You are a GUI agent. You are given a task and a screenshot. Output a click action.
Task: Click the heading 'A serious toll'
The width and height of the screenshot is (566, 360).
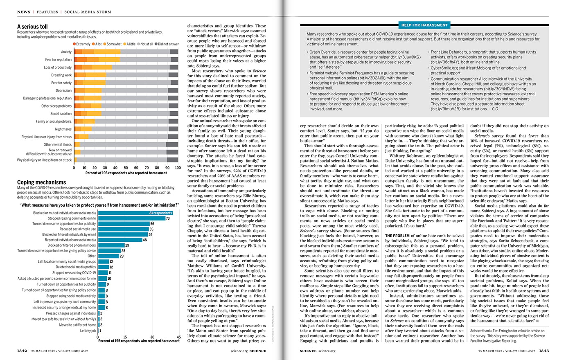32,27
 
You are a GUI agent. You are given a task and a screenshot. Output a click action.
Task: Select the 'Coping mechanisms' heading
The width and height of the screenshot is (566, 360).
41,182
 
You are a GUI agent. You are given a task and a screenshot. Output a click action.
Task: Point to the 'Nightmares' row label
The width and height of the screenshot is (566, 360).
63,129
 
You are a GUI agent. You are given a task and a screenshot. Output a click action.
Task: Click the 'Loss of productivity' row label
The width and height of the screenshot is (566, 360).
58,67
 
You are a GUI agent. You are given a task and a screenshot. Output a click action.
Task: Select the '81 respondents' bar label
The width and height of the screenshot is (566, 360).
160,213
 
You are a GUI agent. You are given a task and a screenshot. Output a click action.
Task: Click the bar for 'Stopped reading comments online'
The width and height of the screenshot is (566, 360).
131,218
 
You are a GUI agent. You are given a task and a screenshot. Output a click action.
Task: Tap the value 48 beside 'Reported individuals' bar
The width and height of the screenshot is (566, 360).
144,240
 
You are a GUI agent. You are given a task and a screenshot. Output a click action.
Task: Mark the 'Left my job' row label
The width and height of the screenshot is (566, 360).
88,331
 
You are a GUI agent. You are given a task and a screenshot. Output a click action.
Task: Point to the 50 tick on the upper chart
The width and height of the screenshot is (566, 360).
126,168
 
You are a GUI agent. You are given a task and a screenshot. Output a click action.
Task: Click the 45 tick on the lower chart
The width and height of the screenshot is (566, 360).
179,337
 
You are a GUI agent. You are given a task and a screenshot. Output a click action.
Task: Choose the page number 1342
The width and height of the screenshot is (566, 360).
22,351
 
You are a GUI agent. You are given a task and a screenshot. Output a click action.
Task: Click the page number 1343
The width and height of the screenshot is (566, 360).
544,351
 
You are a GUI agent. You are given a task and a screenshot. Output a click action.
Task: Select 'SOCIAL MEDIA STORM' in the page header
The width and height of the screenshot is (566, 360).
88,12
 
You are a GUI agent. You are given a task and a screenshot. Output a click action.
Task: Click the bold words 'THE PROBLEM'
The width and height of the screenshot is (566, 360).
397,235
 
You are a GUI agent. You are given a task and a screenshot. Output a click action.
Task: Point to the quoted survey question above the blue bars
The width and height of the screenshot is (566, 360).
99,205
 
